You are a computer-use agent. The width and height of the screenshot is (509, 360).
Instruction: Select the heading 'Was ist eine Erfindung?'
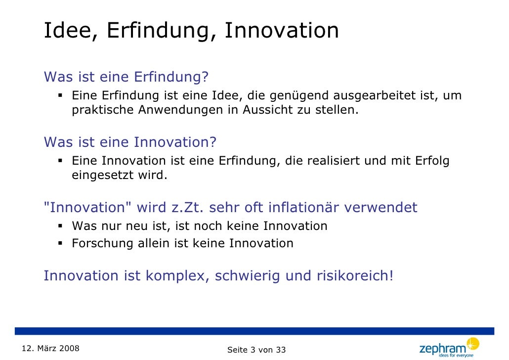pos(127,78)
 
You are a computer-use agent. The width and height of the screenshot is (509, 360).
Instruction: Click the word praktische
pos(103,110)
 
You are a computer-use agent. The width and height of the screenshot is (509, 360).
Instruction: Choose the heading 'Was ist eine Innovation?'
pos(130,142)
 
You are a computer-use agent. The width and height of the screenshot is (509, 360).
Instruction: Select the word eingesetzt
pos(103,176)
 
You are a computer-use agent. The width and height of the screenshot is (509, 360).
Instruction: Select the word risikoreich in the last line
pos(353,276)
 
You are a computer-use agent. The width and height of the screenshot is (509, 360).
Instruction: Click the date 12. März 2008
pos(50,348)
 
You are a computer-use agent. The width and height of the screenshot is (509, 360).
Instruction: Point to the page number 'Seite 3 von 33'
pos(256,350)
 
